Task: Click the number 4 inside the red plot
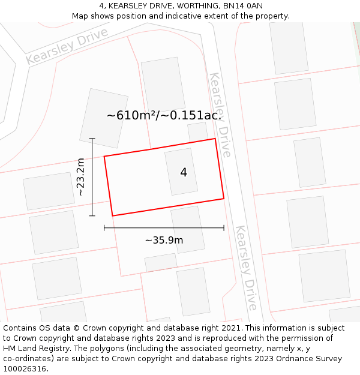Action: click(184, 173)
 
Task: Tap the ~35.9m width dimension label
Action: click(164, 240)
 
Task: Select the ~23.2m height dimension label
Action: click(81, 177)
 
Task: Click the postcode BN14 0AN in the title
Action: click(243, 6)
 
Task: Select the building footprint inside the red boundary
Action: click(181, 172)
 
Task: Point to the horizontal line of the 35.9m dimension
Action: click(164, 228)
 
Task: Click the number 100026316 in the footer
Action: click(24, 369)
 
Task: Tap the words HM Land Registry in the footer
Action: click(35, 349)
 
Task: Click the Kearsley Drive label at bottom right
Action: click(247, 268)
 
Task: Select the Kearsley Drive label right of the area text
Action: click(220, 114)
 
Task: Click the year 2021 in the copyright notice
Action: click(231, 328)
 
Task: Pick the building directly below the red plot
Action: click(188, 229)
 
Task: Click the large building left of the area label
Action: click(104, 118)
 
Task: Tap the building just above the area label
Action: click(163, 84)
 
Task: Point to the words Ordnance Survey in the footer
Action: click(310, 359)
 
